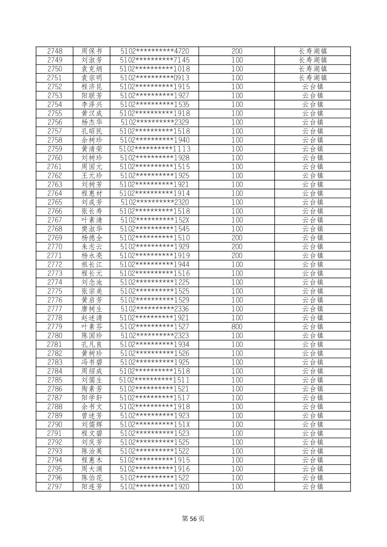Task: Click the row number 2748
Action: [x=55, y=51]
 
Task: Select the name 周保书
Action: [x=92, y=51]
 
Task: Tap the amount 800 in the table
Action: [x=237, y=327]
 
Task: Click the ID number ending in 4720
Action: [x=155, y=51]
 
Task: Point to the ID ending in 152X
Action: [x=155, y=220]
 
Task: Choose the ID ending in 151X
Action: [x=155, y=424]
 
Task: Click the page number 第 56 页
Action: [x=193, y=519]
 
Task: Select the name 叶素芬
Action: [x=92, y=327]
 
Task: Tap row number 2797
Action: [x=55, y=487]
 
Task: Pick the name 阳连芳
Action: [x=92, y=487]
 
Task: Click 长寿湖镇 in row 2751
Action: [x=312, y=78]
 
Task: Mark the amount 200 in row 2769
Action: [x=237, y=238]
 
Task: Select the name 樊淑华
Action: [x=92, y=229]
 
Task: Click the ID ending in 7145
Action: [x=155, y=60]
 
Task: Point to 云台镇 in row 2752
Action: [x=312, y=87]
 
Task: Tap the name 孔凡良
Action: [x=92, y=344]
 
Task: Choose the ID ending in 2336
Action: [x=155, y=309]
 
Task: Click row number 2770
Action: [x=55, y=247]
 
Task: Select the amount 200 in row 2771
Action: [x=237, y=256]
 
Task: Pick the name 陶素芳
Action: [x=92, y=389]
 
